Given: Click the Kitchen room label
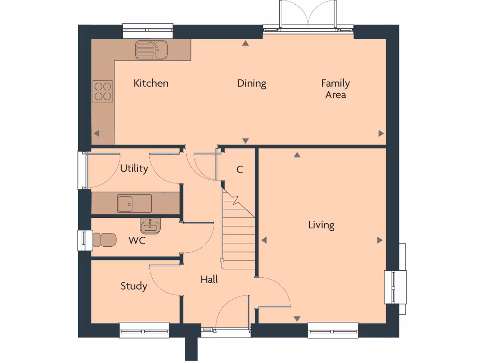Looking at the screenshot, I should click(x=151, y=83).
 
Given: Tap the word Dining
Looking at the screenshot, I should click(x=251, y=84).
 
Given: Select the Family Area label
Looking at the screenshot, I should click(x=335, y=89).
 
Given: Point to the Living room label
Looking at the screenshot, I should click(x=321, y=225).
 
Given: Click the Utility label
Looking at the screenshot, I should click(x=134, y=169).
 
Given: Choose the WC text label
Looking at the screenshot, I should click(x=137, y=241).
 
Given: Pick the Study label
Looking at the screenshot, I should click(x=134, y=286).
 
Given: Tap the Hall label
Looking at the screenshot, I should click(x=209, y=279).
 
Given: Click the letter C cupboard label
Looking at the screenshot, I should click(x=240, y=170).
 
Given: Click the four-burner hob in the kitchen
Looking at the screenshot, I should click(x=103, y=92).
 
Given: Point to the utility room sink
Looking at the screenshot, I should click(x=134, y=203).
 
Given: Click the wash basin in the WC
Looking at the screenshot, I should click(x=151, y=226).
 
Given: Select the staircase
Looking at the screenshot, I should click(x=238, y=232).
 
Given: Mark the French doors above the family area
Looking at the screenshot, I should click(x=308, y=17).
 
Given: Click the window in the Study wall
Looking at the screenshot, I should click(x=144, y=329).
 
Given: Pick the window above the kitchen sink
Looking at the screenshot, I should click(x=148, y=31).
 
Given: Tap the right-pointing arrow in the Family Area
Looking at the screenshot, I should click(x=381, y=133).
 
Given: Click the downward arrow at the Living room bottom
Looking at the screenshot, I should click(x=297, y=319).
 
